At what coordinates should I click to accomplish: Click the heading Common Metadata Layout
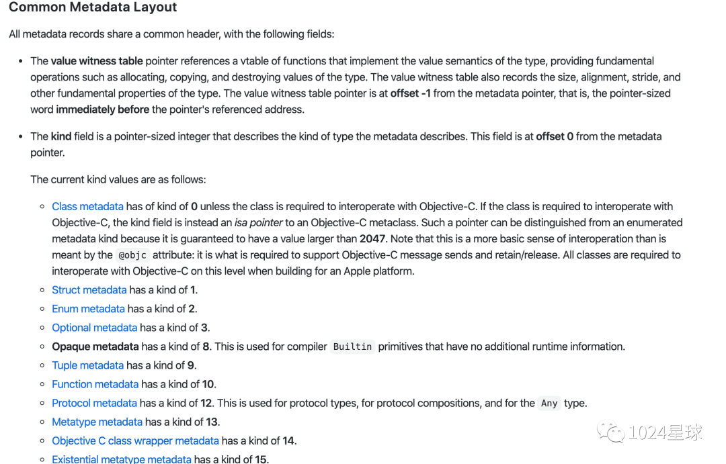tap(93, 8)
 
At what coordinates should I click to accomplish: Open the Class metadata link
tap(87, 206)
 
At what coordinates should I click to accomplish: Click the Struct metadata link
tap(89, 290)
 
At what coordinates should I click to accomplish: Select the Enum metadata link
tap(88, 309)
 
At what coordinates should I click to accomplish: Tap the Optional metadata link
tap(94, 328)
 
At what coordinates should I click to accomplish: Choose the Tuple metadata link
tap(87, 365)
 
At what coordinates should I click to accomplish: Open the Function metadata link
tap(95, 384)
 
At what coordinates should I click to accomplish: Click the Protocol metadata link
tap(94, 404)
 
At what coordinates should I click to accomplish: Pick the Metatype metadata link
tap(97, 422)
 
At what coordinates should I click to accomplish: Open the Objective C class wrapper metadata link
tap(135, 441)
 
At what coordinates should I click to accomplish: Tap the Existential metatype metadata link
tap(122, 459)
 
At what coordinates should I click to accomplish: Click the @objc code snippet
tap(132, 255)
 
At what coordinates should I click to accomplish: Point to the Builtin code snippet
tap(352, 347)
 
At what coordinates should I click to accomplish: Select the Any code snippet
tap(549, 404)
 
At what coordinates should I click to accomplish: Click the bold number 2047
tap(372, 238)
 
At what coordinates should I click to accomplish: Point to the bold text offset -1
tap(410, 93)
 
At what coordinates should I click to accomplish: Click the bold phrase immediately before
tap(103, 109)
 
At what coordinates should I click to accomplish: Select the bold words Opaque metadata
tap(95, 346)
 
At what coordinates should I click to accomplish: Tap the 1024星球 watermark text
tap(665, 432)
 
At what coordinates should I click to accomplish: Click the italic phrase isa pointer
tap(259, 222)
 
